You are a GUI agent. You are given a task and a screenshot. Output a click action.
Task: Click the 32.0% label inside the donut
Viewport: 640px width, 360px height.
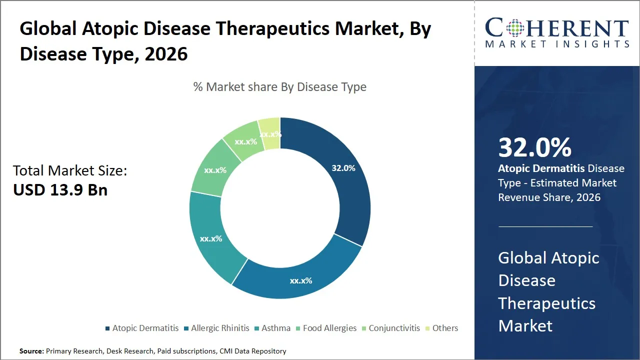(343, 168)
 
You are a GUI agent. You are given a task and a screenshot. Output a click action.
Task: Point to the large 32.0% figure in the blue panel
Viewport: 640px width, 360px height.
(534, 147)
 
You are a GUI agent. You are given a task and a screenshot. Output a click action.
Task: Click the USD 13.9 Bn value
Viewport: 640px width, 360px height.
(60, 190)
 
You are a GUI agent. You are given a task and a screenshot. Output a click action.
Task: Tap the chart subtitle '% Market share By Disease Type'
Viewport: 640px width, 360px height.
(280, 87)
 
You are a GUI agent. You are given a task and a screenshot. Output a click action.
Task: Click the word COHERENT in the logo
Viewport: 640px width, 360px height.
(556, 28)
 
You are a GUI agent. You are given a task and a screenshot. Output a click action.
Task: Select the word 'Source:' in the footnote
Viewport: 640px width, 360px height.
(31, 351)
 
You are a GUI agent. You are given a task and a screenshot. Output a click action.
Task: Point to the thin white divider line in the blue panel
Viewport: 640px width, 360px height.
(545, 226)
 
